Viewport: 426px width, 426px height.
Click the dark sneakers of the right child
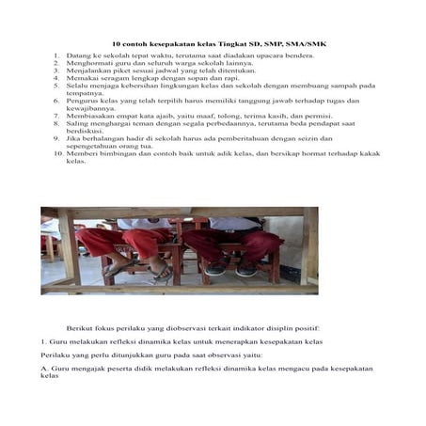pos(231,269)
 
